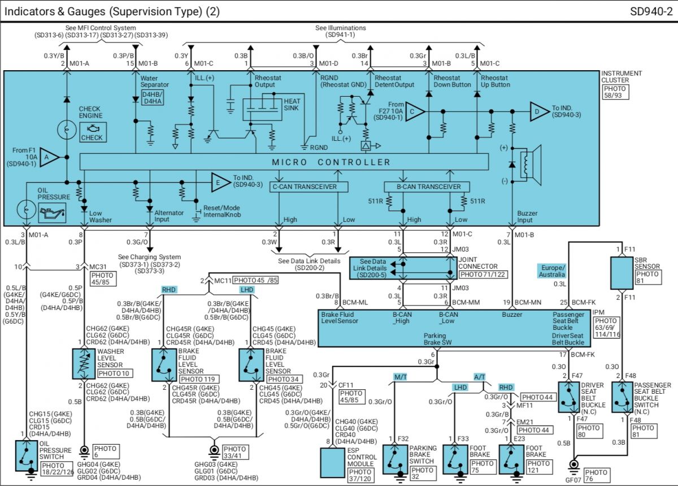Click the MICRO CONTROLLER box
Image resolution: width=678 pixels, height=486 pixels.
point(284,162)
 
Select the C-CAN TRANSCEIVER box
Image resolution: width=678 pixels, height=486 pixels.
point(308,187)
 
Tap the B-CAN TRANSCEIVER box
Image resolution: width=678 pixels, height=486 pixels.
point(427,187)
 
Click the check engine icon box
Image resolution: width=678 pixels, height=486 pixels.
point(93,132)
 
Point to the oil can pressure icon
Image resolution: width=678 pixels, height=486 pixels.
point(52,213)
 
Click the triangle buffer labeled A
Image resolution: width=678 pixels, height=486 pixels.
point(49,157)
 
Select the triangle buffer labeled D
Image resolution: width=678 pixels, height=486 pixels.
point(540,111)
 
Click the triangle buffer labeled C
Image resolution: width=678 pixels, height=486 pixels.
point(415,111)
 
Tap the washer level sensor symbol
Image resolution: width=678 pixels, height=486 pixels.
point(84,364)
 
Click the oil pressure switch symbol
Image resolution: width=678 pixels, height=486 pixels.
point(27,455)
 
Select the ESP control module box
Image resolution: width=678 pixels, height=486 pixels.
point(332,463)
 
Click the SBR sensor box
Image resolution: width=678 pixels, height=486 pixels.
point(621,273)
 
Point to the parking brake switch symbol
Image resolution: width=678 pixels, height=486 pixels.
point(395,459)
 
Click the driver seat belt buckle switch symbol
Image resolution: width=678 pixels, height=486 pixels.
point(569,397)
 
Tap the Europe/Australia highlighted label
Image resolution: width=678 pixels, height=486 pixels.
point(552,271)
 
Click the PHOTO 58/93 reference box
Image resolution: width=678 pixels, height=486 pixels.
point(615,92)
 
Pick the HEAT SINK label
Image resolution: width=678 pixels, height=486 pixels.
point(292,105)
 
